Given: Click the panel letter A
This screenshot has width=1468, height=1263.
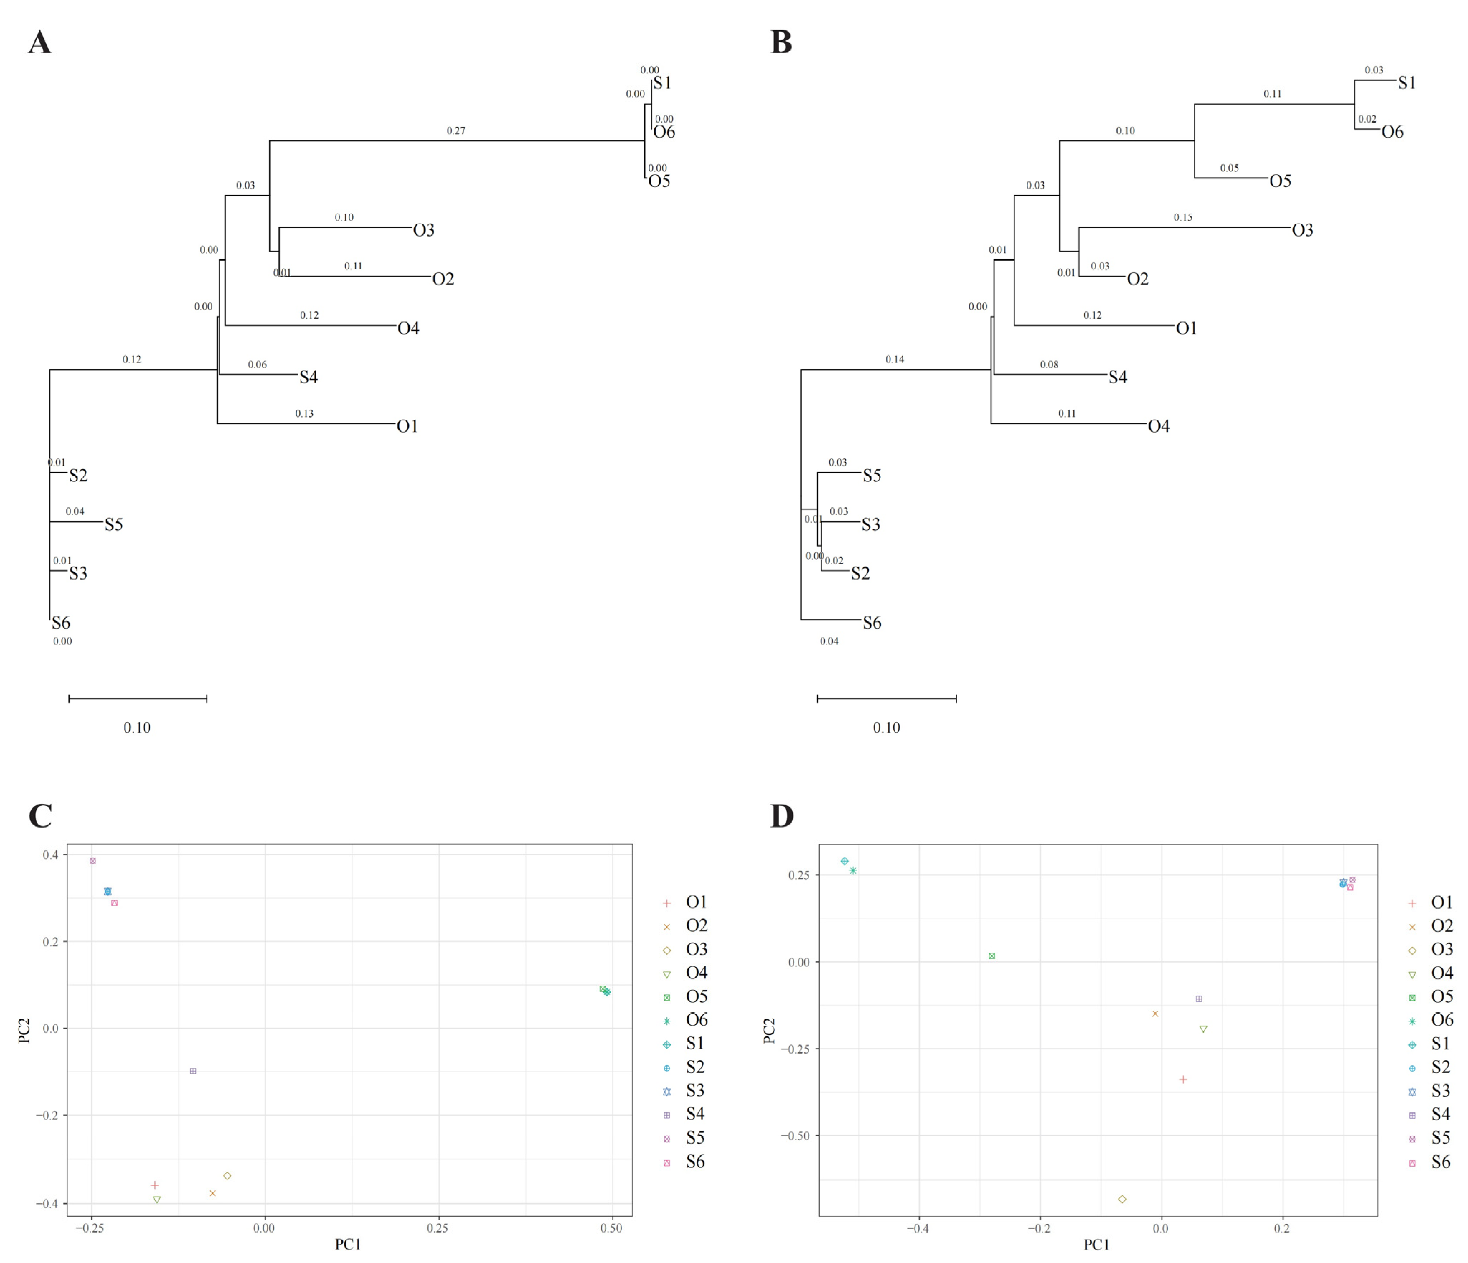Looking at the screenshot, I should coord(40,43).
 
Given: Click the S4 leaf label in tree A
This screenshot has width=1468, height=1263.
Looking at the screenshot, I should coord(308,377).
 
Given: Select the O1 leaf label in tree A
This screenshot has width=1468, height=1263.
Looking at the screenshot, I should coord(407,426).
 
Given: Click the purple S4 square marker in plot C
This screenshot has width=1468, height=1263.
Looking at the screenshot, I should coord(193,1071).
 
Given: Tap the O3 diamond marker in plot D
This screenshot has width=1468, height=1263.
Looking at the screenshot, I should coord(1122,1199).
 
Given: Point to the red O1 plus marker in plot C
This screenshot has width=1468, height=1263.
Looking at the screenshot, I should coord(154,1185).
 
